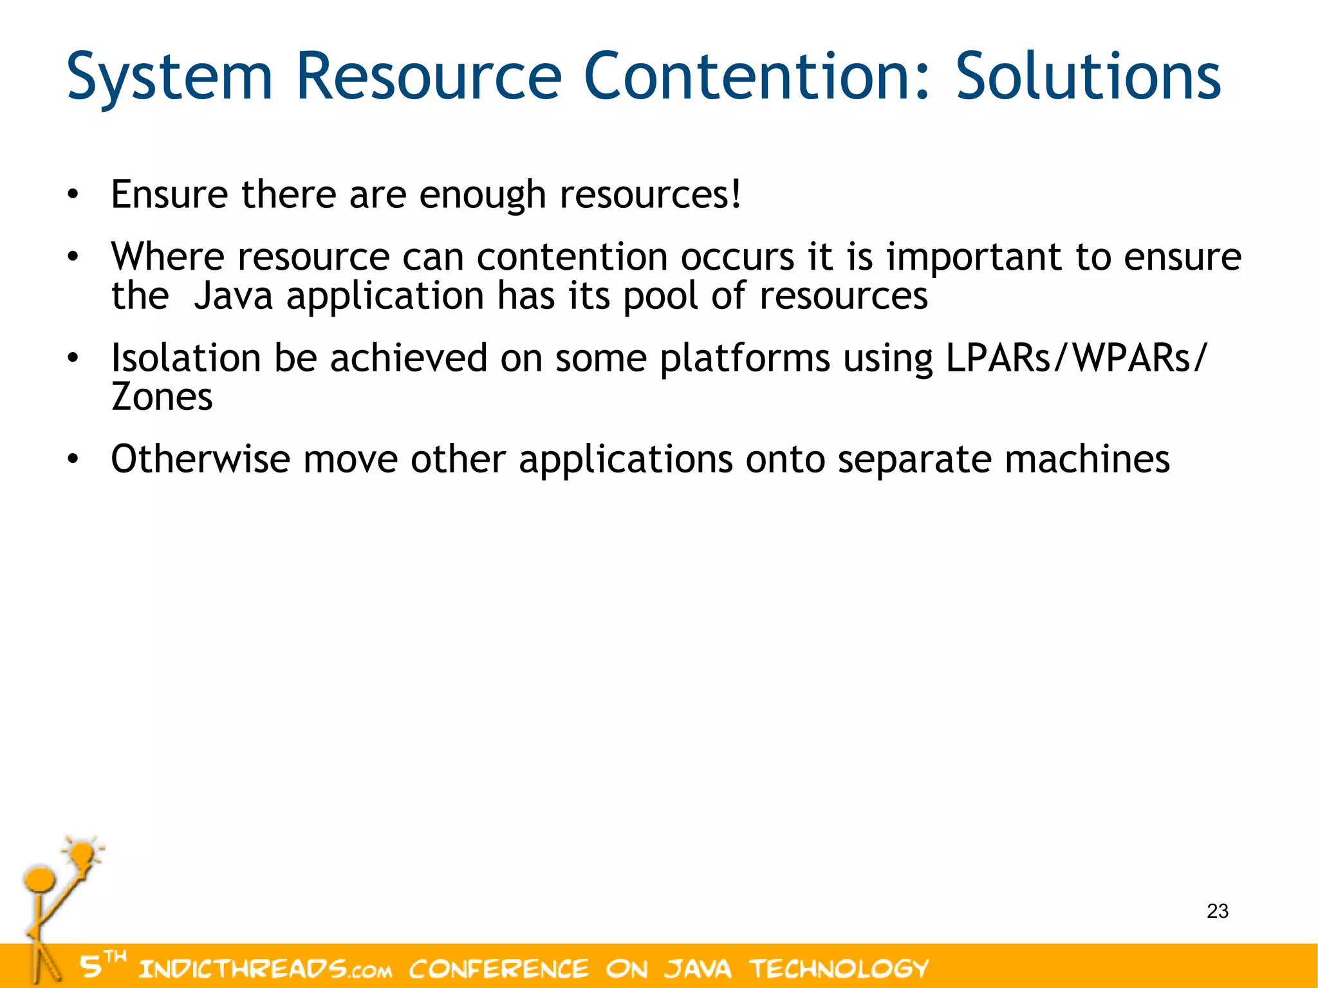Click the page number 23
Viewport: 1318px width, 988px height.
pyautogui.click(x=1217, y=911)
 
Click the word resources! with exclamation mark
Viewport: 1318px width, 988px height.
pyautogui.click(x=650, y=195)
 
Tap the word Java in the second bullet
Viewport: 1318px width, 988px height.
pyautogui.click(x=233, y=297)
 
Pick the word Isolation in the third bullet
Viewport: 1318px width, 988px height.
pyautogui.click(x=186, y=358)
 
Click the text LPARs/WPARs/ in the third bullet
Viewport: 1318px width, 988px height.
pyautogui.click(x=1076, y=358)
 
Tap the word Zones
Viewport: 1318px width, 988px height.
pyautogui.click(x=162, y=397)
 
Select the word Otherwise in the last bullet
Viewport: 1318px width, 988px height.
pyautogui.click(x=200, y=460)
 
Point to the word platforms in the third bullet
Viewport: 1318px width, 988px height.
pyautogui.click(x=745, y=359)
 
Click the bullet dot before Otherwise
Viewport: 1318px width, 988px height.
pyautogui.click(x=73, y=460)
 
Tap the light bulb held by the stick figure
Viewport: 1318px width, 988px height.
pyautogui.click(x=82, y=855)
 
